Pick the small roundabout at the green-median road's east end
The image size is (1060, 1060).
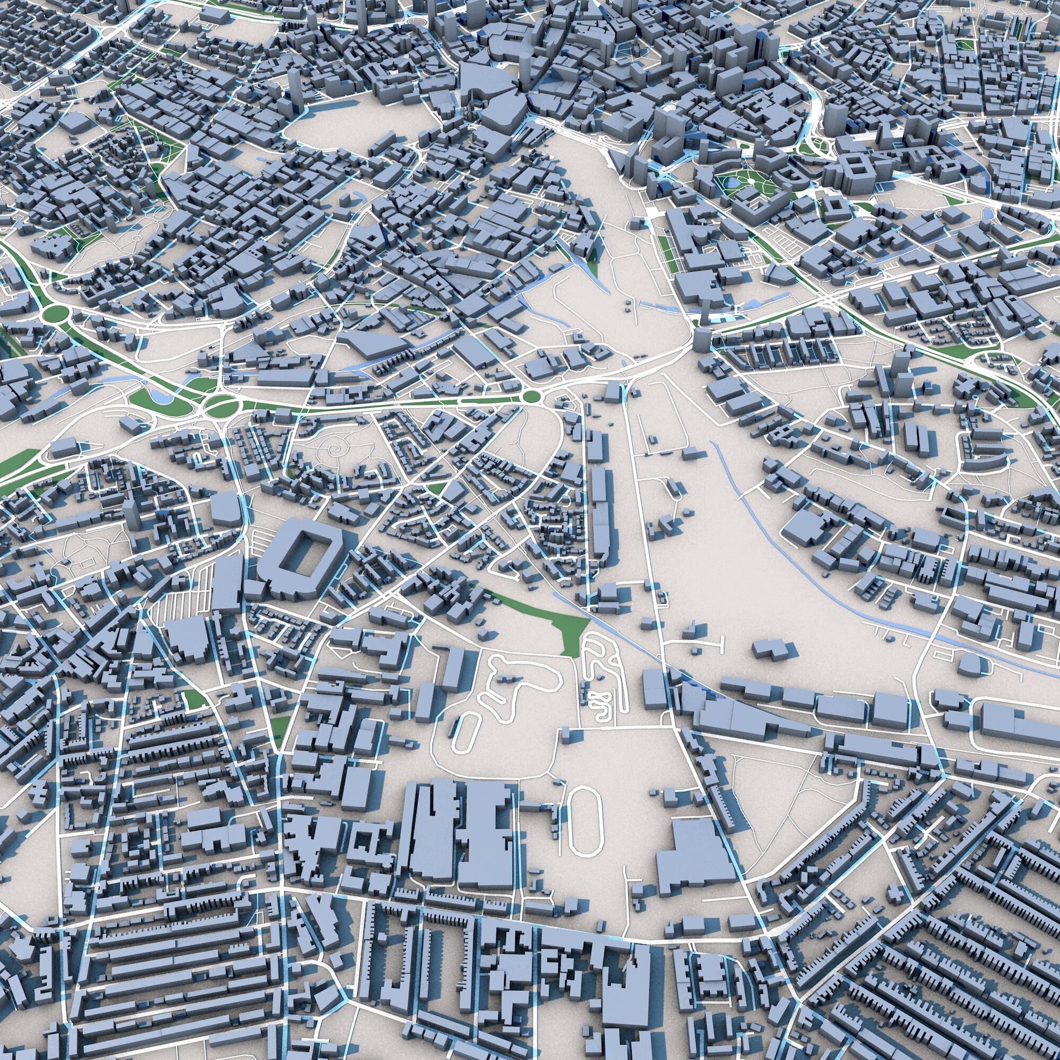531,395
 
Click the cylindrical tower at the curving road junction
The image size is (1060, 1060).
702,339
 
